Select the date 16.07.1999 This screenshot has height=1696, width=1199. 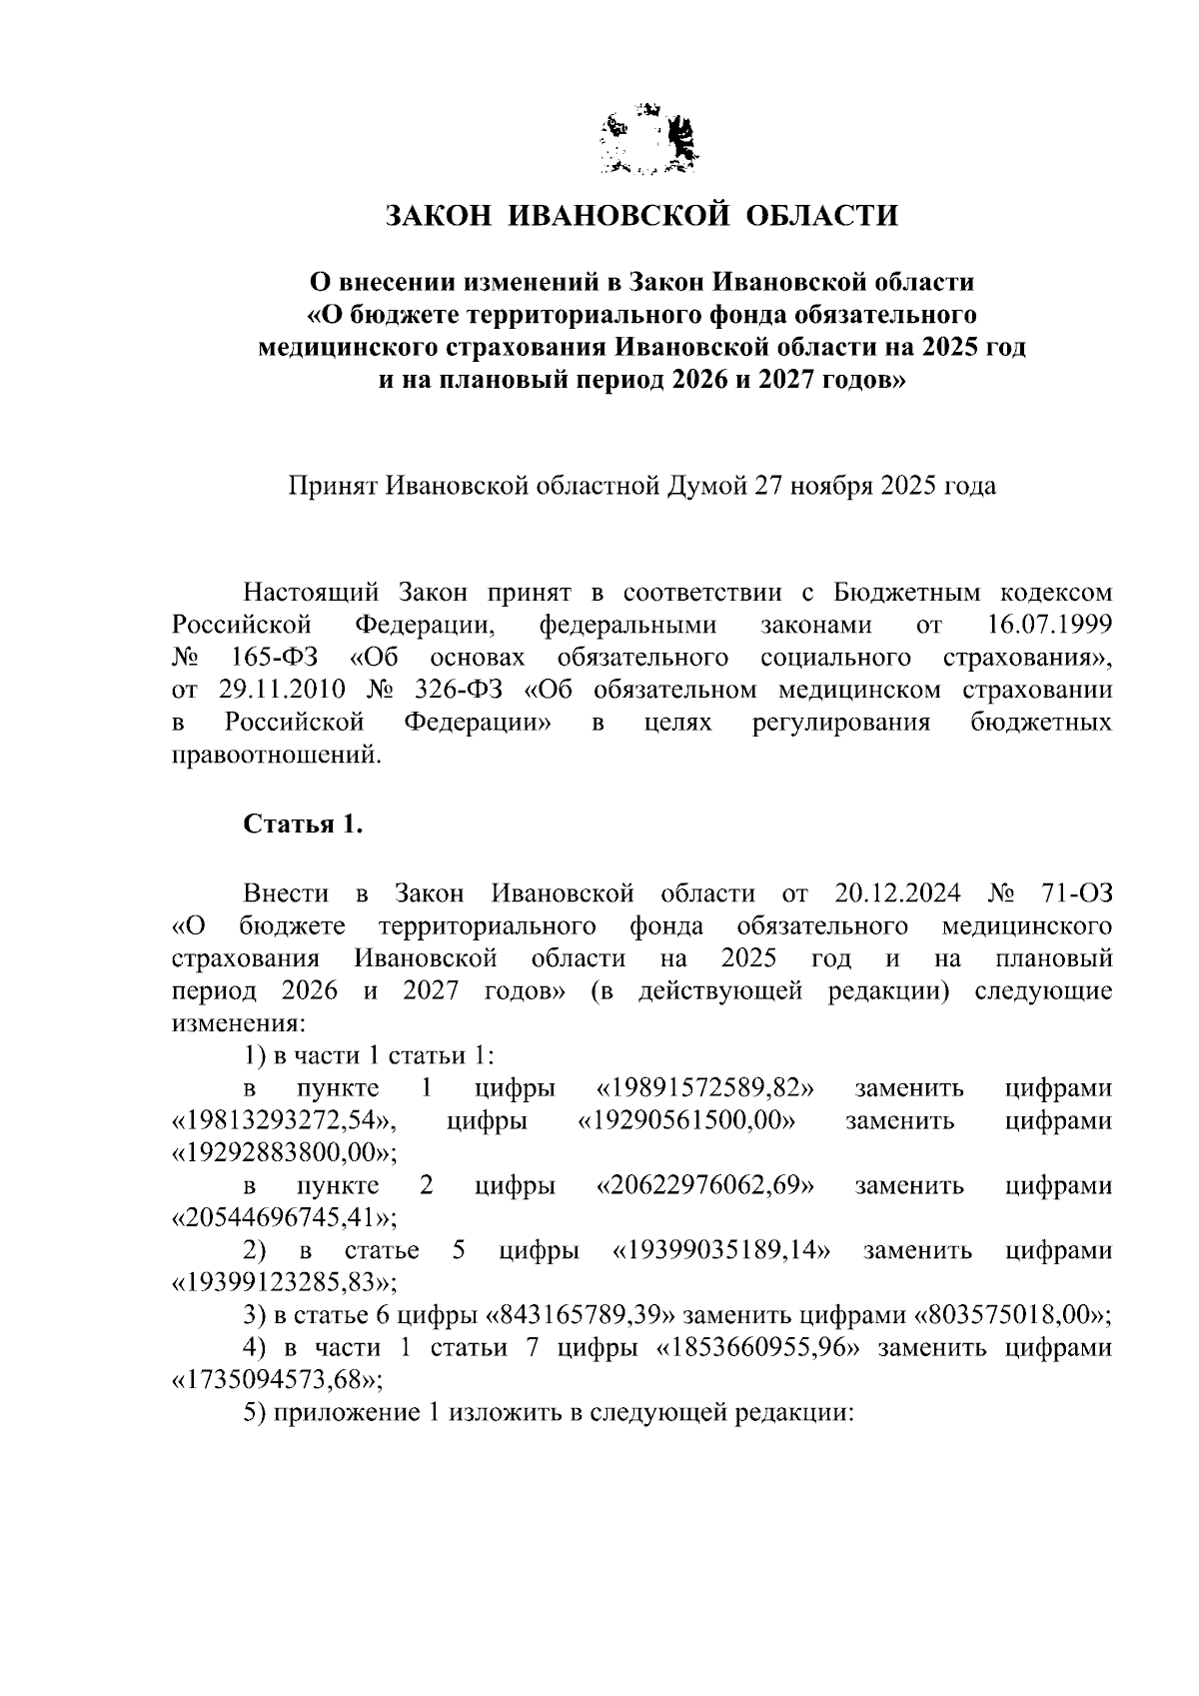click(1040, 626)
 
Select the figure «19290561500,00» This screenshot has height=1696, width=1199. click(686, 1120)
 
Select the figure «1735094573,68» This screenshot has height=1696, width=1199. click(277, 1381)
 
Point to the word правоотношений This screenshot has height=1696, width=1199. click(277, 755)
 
